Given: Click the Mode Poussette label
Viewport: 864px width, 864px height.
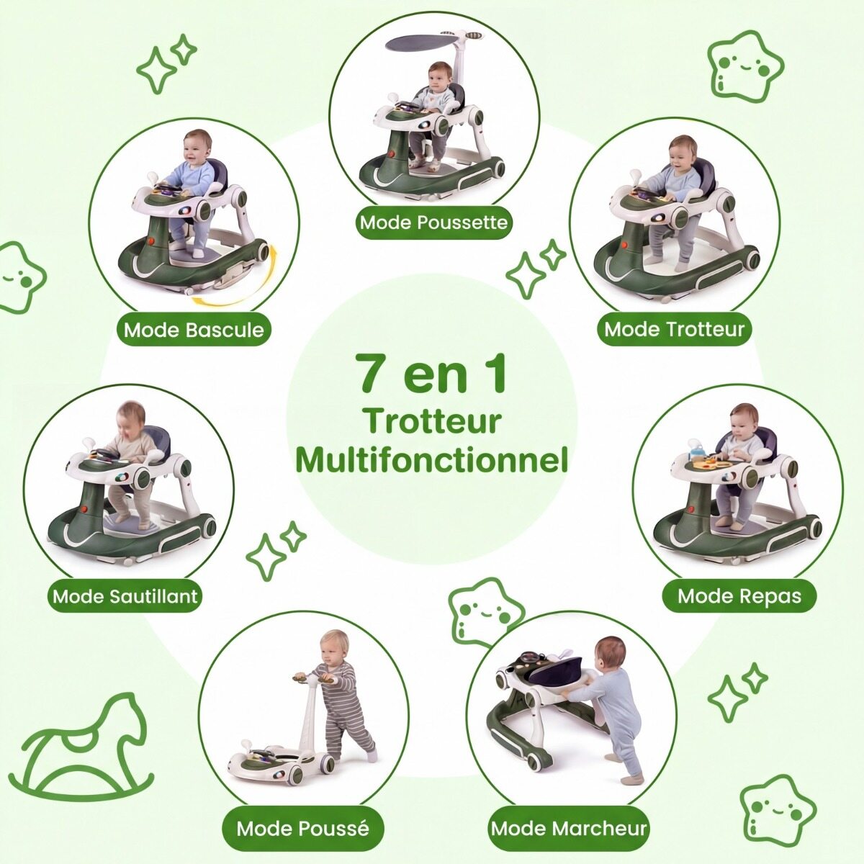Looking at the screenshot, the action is click(433, 222).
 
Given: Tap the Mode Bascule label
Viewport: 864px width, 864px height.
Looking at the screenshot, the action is click(194, 330).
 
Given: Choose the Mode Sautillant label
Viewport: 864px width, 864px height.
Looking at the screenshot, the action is click(125, 596).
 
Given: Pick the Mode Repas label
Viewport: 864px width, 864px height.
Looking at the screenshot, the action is click(739, 596).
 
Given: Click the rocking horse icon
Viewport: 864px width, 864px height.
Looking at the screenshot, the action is click(87, 744).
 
